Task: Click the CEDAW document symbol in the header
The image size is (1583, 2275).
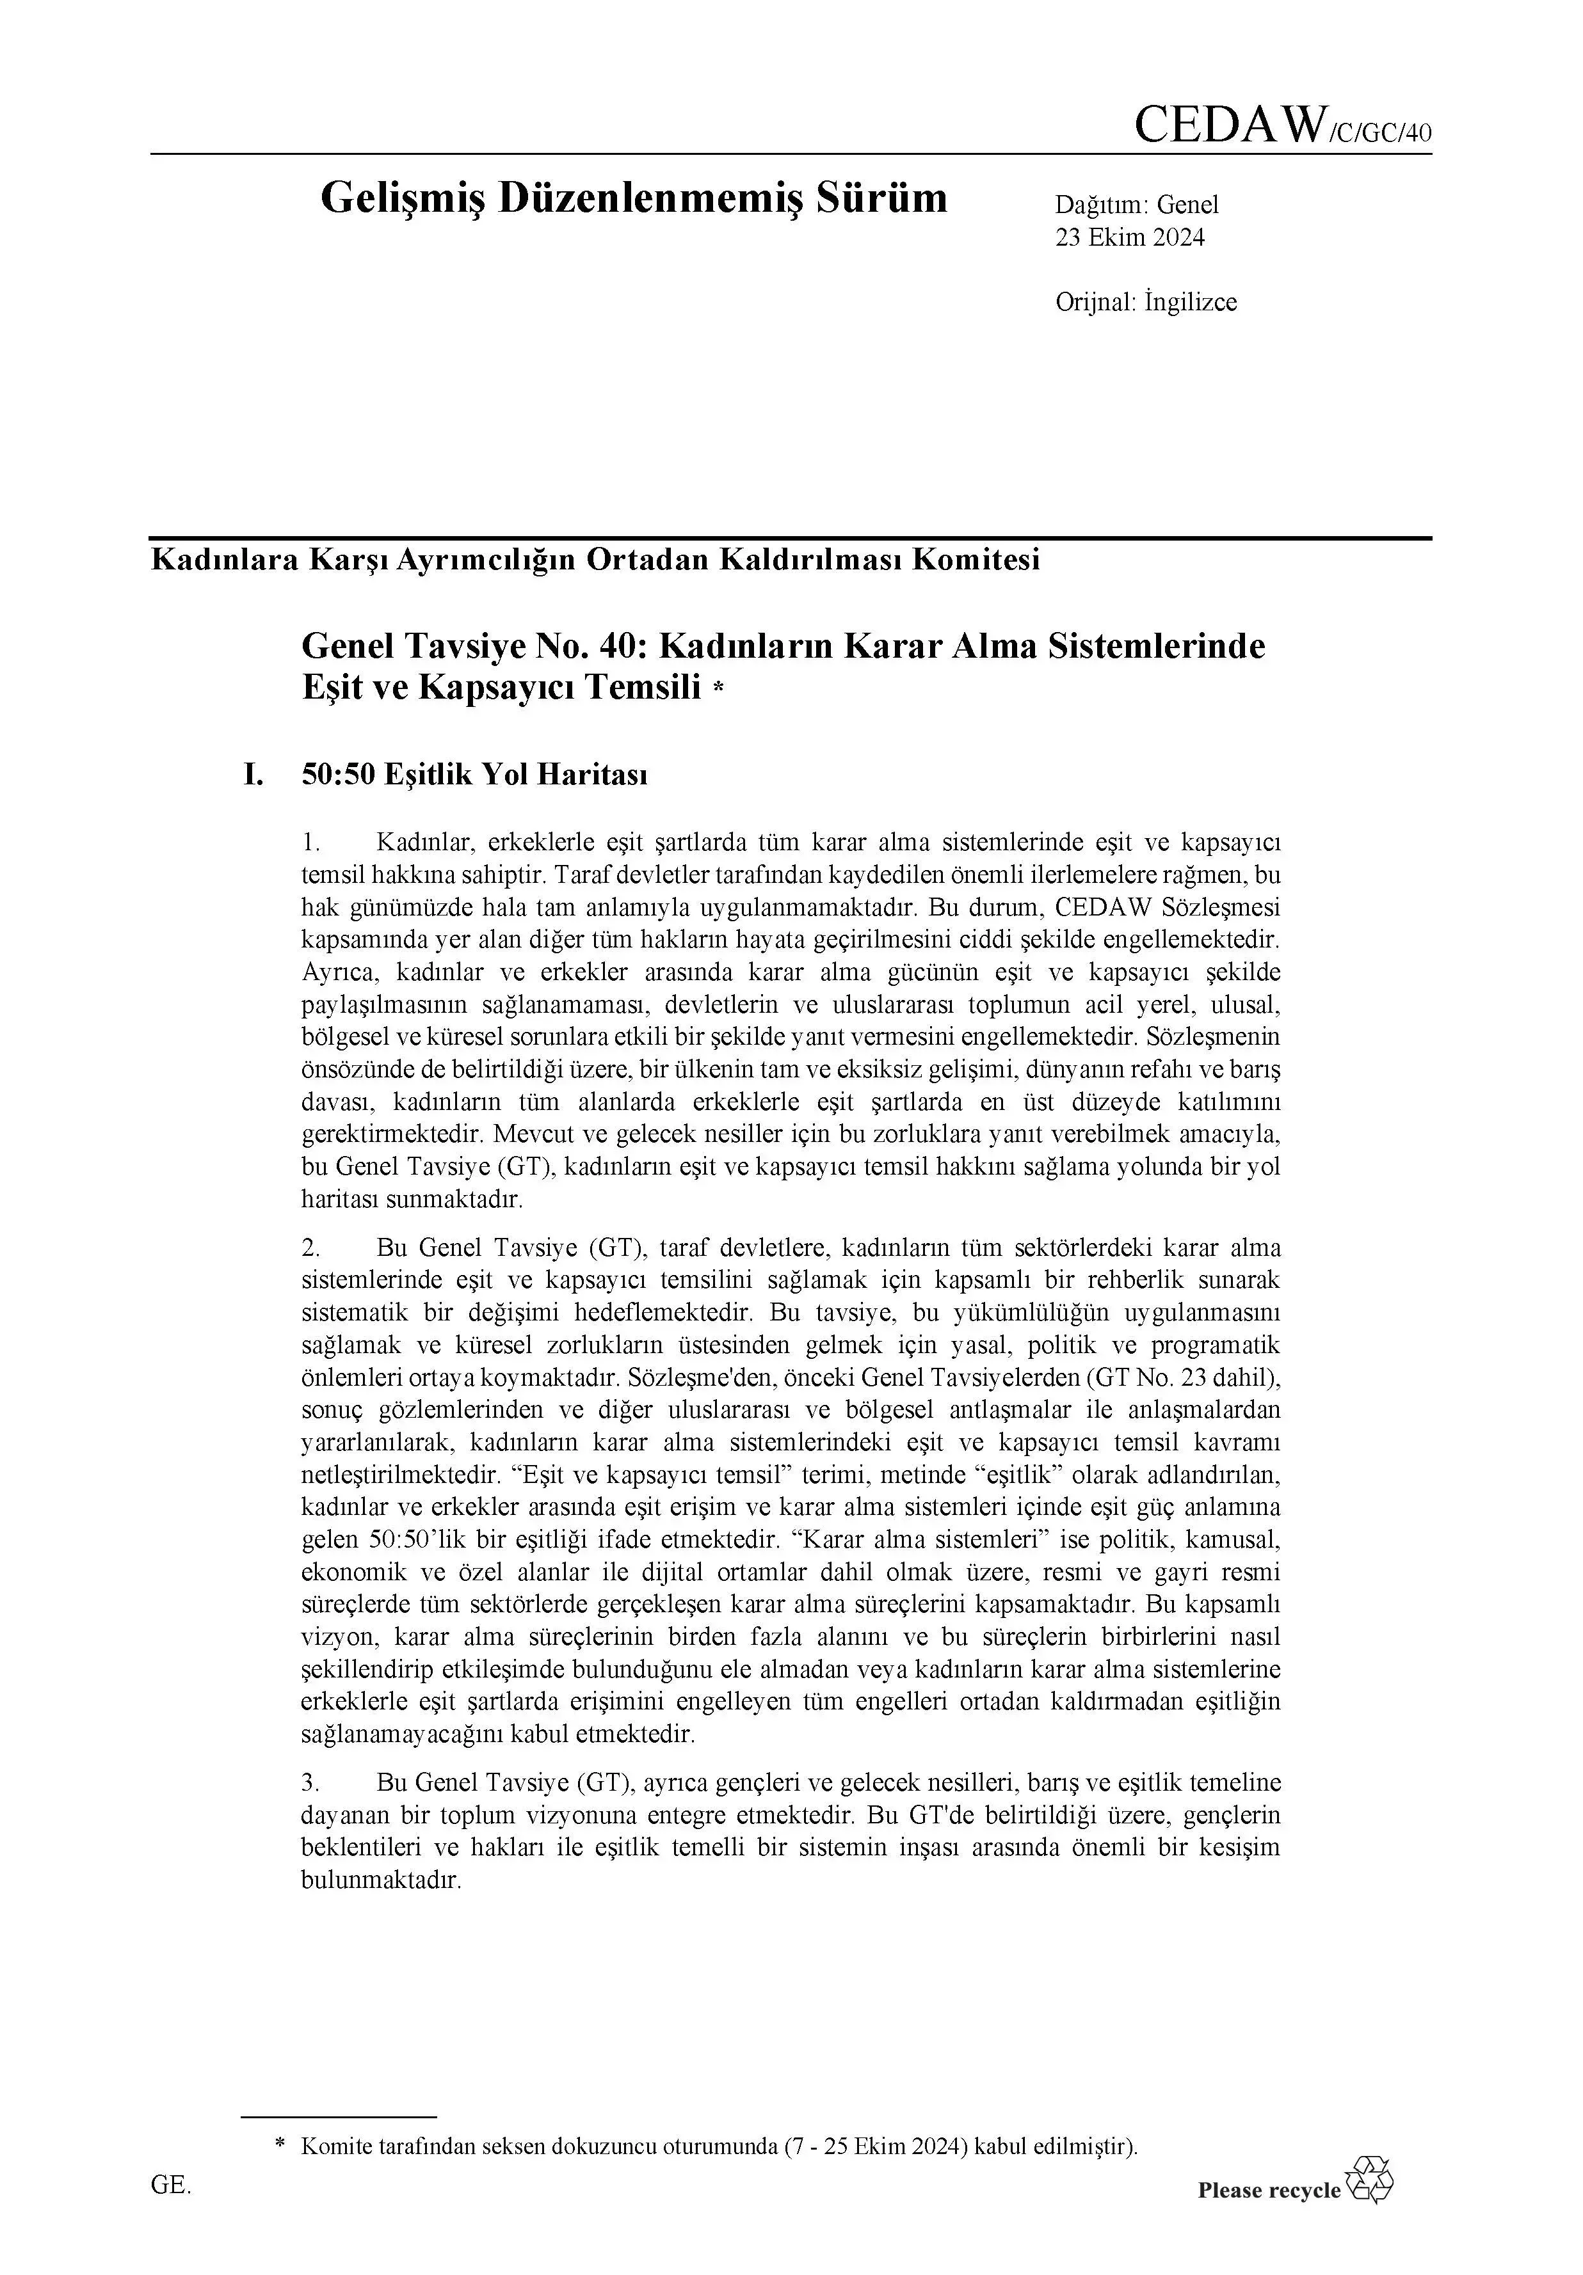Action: point(1282,126)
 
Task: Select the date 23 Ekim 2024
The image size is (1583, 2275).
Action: point(1129,237)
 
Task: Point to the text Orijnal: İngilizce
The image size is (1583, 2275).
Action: point(1146,301)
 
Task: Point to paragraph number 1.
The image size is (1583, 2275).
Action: point(310,843)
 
